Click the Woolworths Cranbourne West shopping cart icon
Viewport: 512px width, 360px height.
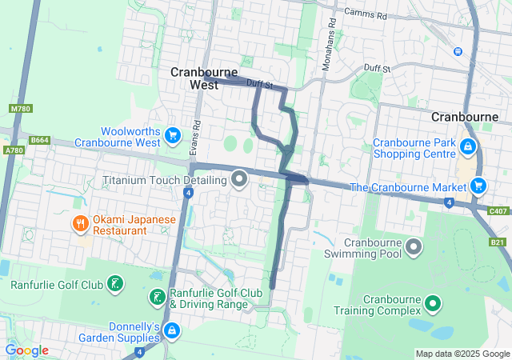172,134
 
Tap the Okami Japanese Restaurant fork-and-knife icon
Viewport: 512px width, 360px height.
80,223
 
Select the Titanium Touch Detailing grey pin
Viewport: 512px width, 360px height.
238,179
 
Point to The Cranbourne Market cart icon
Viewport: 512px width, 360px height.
478,186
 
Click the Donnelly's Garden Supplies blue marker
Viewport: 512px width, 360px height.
171,329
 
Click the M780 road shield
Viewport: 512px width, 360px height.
19,108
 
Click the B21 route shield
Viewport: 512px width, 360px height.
498,242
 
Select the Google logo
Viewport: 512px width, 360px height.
26,350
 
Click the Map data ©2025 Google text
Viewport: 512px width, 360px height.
462,354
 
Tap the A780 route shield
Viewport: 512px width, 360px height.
14,150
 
